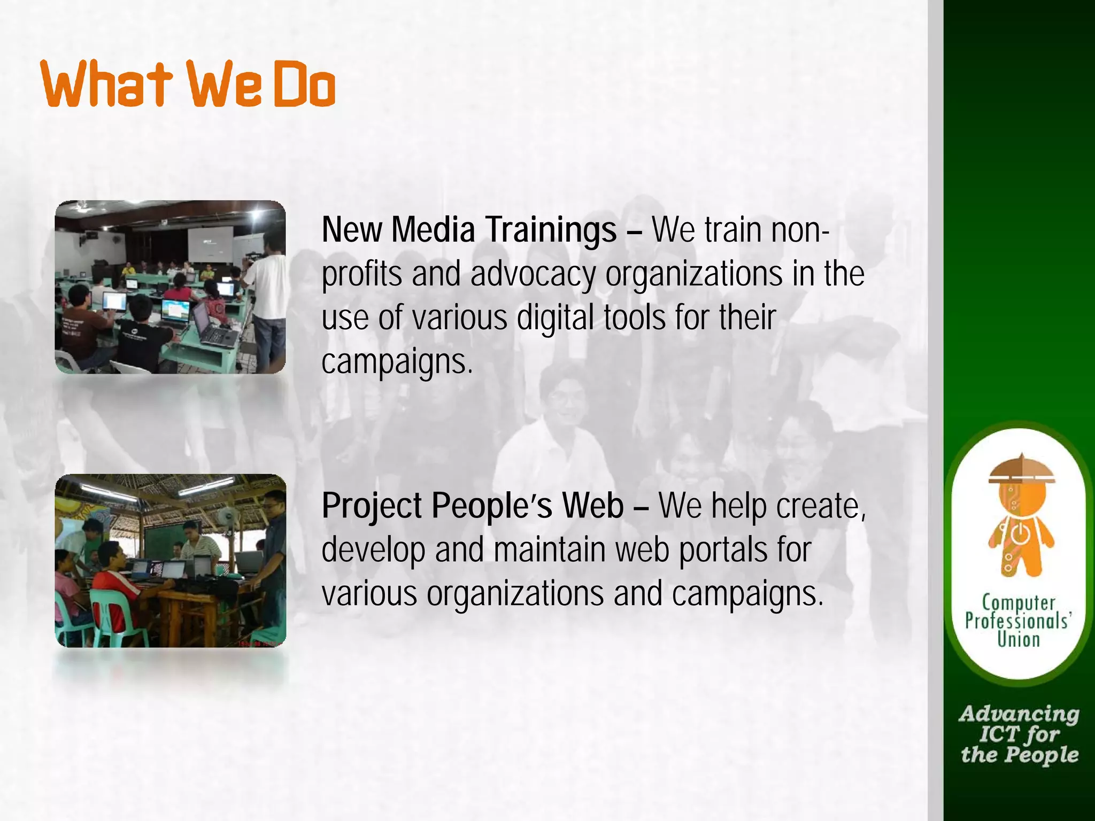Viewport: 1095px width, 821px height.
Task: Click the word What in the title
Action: click(x=106, y=84)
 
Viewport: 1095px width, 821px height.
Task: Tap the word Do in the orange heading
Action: click(x=305, y=84)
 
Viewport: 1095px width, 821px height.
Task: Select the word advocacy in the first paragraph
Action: click(x=533, y=275)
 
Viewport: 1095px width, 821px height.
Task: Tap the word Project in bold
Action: click(x=372, y=506)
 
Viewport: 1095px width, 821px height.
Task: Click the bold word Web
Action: click(x=593, y=506)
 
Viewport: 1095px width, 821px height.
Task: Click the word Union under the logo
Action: click(x=1019, y=640)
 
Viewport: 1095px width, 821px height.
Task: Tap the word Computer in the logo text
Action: click(x=1019, y=603)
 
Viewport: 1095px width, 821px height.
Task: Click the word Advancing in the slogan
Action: click(x=1019, y=714)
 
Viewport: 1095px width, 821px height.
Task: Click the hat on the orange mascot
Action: click(x=1021, y=470)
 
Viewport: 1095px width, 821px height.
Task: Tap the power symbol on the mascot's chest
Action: click(x=1018, y=532)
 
